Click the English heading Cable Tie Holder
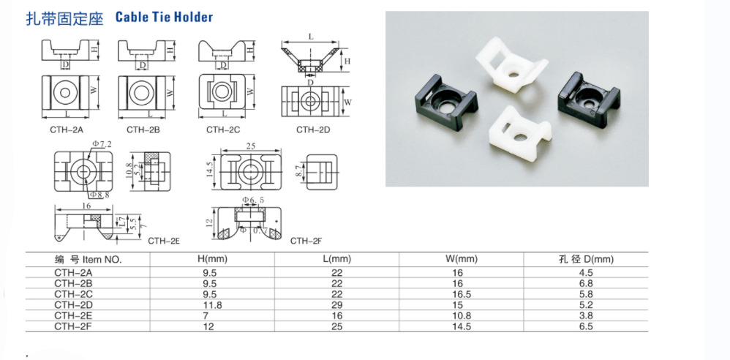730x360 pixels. click(164, 18)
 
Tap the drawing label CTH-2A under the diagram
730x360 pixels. click(66, 130)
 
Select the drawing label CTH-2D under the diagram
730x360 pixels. click(313, 130)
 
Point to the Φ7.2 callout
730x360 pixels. click(102, 144)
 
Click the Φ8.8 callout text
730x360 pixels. click(99, 195)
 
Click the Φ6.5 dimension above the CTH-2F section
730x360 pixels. click(253, 200)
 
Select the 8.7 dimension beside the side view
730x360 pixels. click(298, 170)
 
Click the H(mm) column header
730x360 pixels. click(212, 259)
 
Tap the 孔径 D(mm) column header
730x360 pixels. click(586, 259)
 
